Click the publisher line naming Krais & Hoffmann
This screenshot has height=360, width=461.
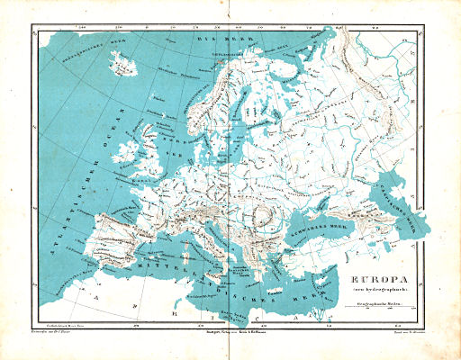click(x=230, y=330)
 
